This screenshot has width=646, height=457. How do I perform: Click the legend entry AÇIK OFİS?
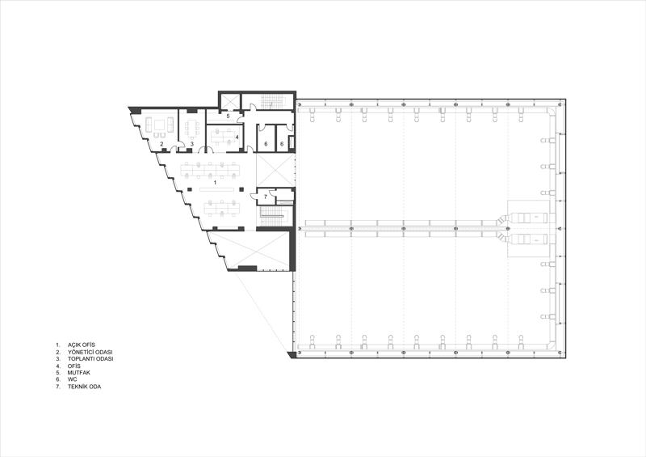(82, 345)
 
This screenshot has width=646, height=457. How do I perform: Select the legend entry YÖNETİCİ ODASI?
(90, 352)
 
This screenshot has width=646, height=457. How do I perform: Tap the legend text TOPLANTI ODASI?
(90, 359)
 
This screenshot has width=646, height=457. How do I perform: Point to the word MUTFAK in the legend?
(79, 373)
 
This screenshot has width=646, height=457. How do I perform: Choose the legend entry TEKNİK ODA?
(85, 387)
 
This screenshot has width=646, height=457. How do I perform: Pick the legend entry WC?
(73, 379)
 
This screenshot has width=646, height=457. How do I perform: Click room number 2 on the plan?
(162, 144)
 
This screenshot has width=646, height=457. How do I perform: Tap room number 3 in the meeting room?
(192, 144)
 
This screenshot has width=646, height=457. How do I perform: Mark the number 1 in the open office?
(215, 182)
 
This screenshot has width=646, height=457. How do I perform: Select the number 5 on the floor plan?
(228, 116)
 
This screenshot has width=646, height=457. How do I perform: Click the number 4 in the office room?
(237, 137)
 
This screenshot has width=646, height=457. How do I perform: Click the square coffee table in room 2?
(158, 124)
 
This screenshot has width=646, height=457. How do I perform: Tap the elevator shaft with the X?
(229, 102)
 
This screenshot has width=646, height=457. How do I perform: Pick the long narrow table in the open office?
(216, 190)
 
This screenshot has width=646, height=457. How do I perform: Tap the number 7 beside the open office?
(266, 197)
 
